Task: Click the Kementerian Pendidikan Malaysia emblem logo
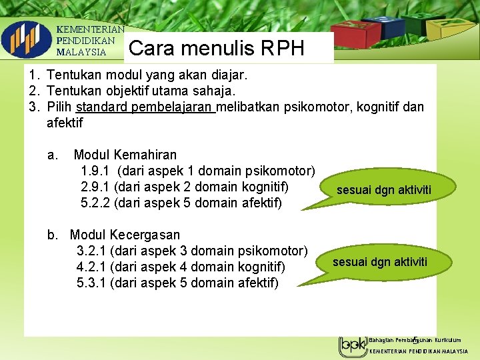coord(26,40)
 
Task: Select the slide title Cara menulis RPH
coord(216,48)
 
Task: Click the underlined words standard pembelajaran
coord(145,107)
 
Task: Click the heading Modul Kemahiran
coord(125,155)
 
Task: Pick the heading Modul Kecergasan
coord(125,235)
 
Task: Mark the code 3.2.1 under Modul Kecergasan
coord(92,251)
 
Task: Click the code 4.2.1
coord(92,267)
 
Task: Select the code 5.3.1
coord(92,283)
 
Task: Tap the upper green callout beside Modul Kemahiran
coord(383,190)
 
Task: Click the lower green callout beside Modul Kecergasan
coord(380,261)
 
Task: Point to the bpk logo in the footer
coord(353,345)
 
